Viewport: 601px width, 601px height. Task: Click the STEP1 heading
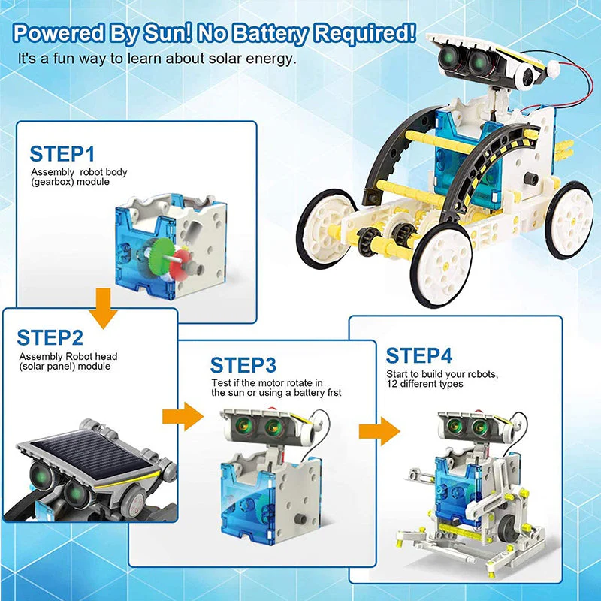(62, 154)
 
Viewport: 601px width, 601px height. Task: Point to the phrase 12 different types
(425, 384)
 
